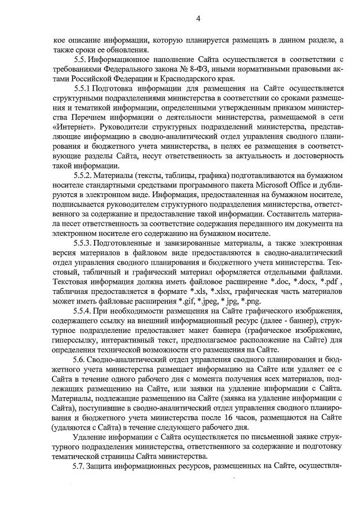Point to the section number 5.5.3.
coord(84,243)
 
